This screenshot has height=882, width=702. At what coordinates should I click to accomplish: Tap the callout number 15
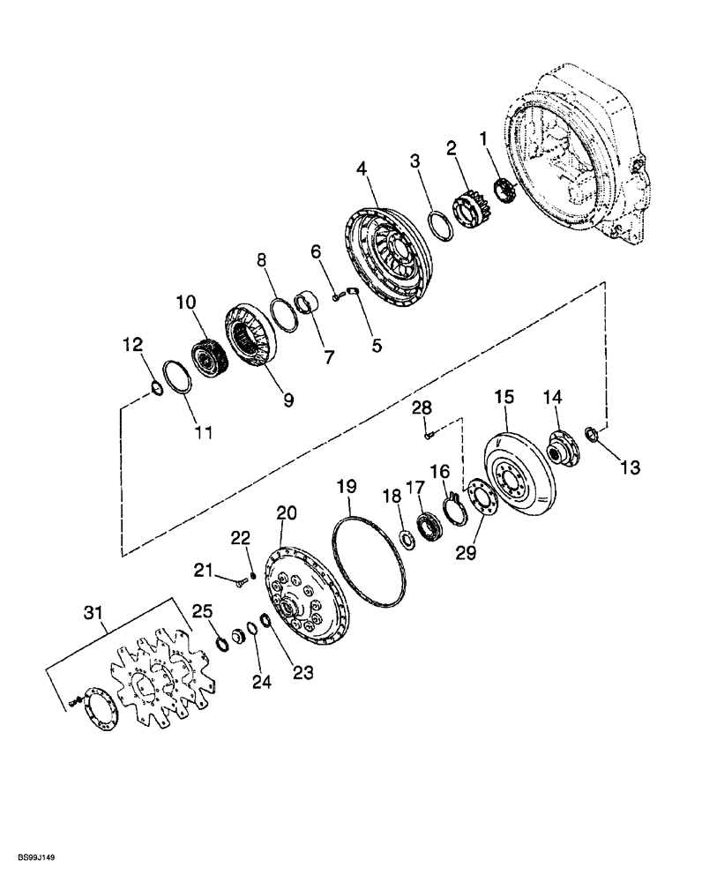(x=503, y=399)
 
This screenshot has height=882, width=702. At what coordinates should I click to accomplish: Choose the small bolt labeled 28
(x=429, y=433)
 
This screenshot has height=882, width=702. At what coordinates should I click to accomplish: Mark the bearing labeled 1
(x=505, y=191)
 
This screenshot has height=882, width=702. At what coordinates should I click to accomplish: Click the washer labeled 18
(x=409, y=538)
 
